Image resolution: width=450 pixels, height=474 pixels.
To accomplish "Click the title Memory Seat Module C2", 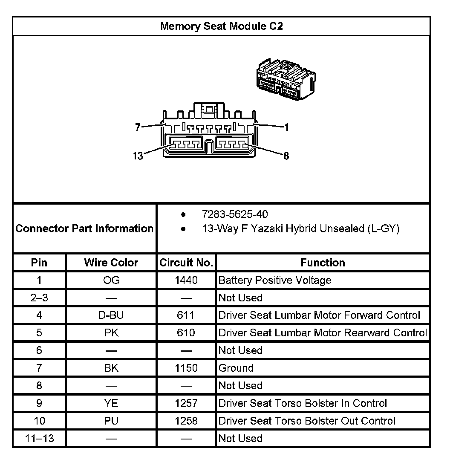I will click(x=221, y=26).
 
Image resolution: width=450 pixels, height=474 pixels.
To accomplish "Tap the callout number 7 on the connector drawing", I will click(x=138, y=127).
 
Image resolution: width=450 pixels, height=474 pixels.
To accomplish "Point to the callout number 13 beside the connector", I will click(x=138, y=156).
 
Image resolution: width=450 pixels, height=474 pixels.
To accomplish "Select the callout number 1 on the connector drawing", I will click(x=287, y=127).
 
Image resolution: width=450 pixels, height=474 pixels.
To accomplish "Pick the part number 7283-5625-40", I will click(x=235, y=214).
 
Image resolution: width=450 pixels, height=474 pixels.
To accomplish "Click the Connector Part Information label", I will click(x=84, y=228).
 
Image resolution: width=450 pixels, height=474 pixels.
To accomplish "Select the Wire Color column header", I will click(x=111, y=263).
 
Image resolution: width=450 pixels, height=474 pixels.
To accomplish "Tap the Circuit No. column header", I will click(x=186, y=263).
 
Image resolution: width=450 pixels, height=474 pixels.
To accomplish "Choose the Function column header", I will click(x=323, y=263).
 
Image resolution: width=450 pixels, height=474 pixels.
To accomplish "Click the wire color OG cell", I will click(x=111, y=280).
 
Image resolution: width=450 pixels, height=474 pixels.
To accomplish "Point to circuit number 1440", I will click(x=186, y=280).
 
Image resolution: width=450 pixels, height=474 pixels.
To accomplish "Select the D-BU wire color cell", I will click(x=111, y=315).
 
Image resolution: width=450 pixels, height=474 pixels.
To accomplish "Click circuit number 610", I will click(x=186, y=333).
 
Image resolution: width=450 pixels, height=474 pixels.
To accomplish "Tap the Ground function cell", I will click(x=236, y=368).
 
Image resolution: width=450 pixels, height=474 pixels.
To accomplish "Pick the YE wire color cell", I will click(x=111, y=403).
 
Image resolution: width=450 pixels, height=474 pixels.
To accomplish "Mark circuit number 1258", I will click(x=186, y=421).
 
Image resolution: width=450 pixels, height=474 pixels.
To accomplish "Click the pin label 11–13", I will click(x=39, y=438).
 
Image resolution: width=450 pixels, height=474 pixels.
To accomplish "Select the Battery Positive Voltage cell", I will click(x=274, y=280).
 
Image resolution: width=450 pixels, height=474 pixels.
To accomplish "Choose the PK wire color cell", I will click(x=111, y=333).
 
